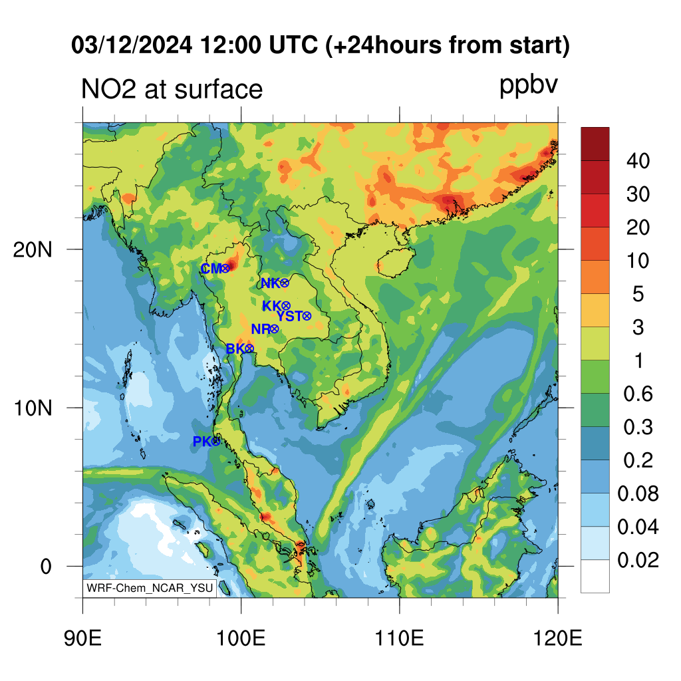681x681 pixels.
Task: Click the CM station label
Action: click(x=211, y=269)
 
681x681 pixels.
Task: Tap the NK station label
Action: click(x=271, y=283)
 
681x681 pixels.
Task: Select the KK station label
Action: click(x=272, y=306)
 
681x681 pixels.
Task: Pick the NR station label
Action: click(x=261, y=329)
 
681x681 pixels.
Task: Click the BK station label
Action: click(x=236, y=348)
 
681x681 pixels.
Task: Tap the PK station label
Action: click(x=202, y=442)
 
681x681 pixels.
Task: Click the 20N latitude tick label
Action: click(x=33, y=250)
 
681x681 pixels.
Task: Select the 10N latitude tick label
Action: click(x=33, y=408)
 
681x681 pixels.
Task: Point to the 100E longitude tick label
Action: click(x=241, y=638)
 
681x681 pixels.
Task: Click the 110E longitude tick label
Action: click(x=399, y=638)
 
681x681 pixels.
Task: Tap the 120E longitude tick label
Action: click(x=558, y=638)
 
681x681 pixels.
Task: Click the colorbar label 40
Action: click(x=638, y=161)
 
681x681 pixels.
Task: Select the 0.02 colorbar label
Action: click(x=638, y=560)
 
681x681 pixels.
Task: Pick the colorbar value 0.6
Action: click(x=638, y=394)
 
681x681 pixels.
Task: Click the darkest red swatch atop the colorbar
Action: click(x=595, y=144)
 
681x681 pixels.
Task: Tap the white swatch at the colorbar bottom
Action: click(x=595, y=576)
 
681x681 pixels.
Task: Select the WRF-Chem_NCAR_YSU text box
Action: click(x=150, y=588)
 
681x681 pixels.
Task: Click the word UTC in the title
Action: click(x=293, y=45)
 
